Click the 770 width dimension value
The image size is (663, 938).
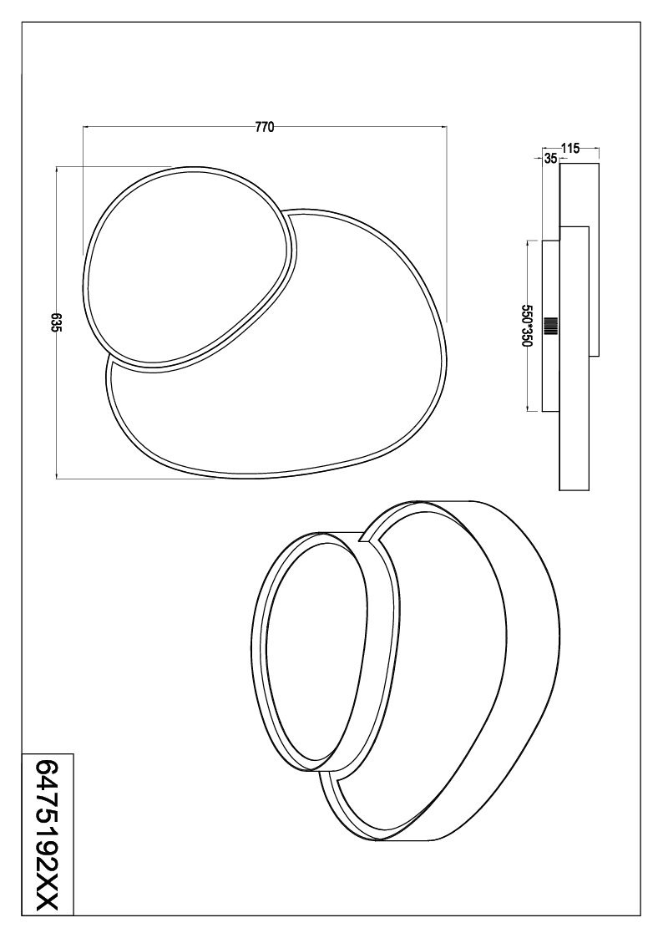pos(264,127)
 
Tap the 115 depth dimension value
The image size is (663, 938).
pos(571,149)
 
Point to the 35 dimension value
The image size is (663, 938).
pos(551,159)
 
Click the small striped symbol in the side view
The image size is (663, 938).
pos(551,326)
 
